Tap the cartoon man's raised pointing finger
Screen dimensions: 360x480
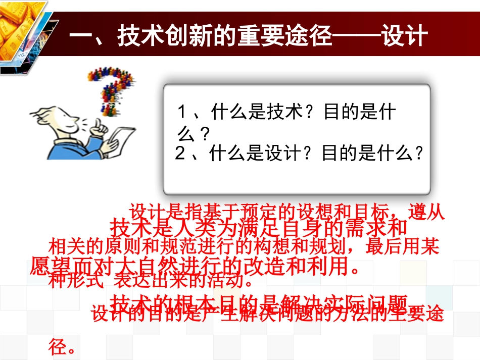[x=100, y=124]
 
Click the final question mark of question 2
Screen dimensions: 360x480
[x=417, y=153]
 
